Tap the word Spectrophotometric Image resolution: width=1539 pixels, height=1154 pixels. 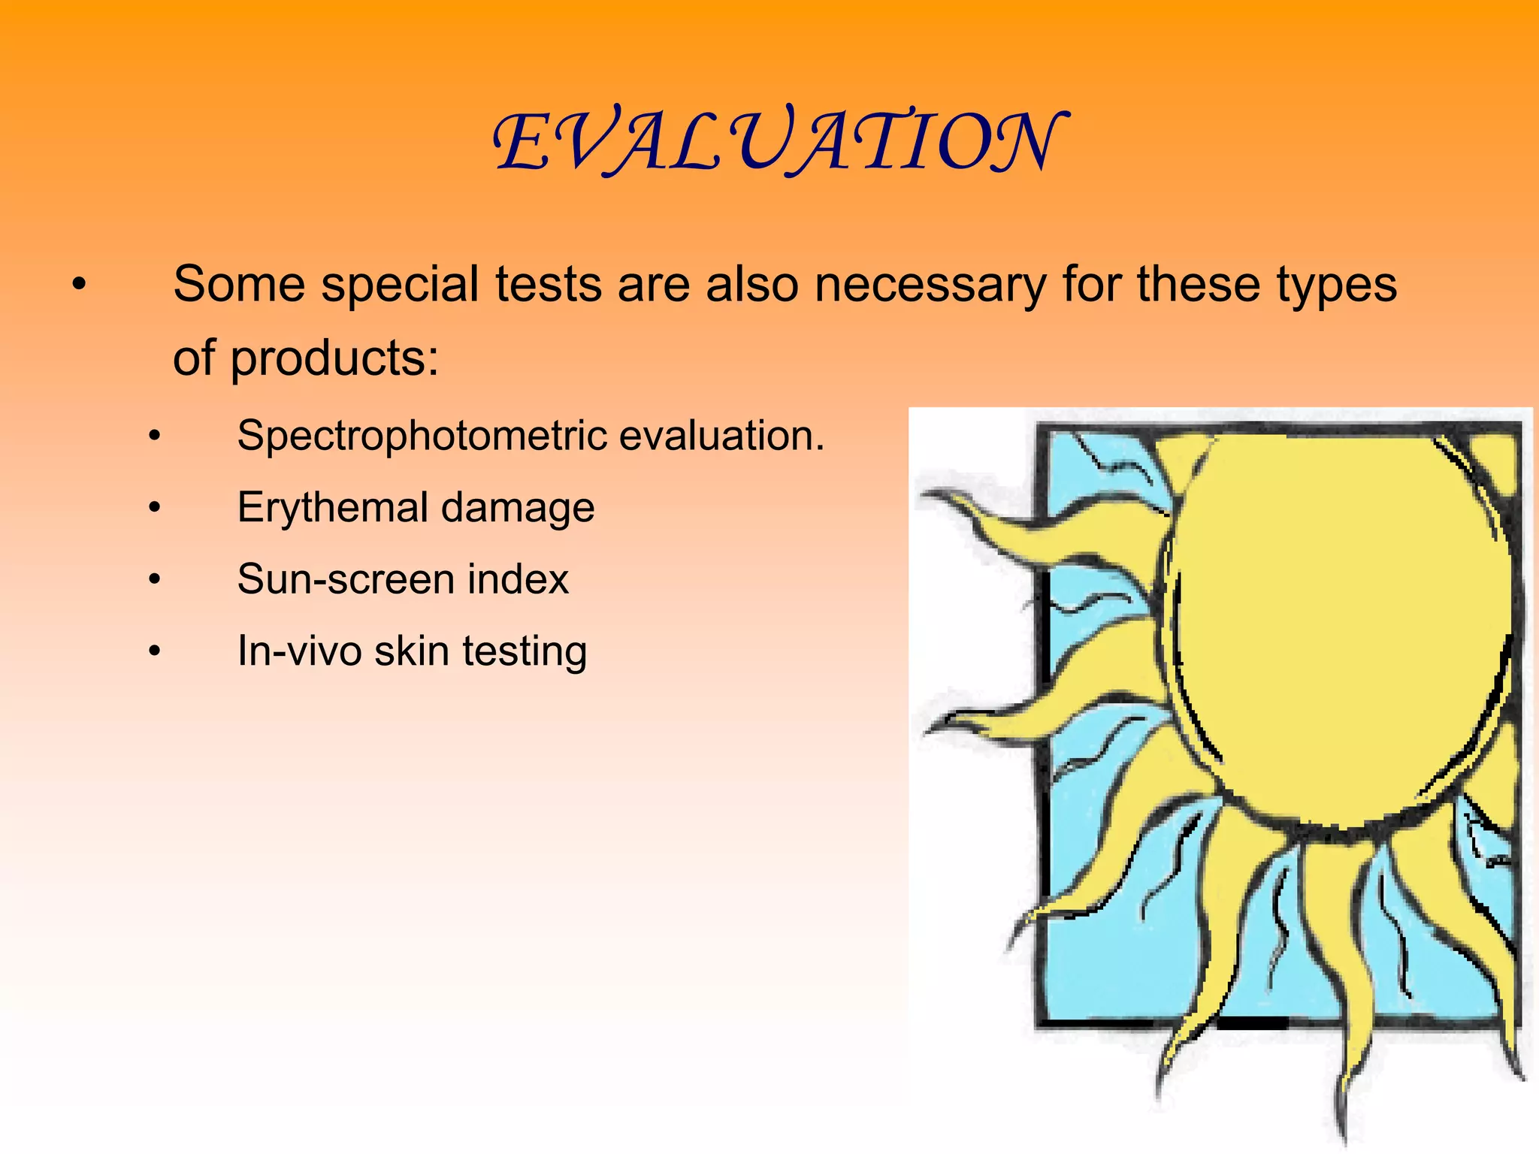click(422, 436)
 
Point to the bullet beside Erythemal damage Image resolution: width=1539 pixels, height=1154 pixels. click(154, 509)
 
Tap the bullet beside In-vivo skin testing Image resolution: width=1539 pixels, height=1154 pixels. click(154, 651)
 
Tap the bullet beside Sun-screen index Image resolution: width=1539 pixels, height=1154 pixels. click(154, 580)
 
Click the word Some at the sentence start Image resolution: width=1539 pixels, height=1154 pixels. click(239, 285)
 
